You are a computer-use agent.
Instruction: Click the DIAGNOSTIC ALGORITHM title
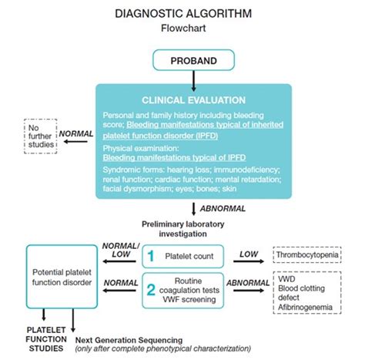182,13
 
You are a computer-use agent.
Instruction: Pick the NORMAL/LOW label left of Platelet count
120,250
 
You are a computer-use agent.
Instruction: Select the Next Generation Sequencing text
129,339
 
